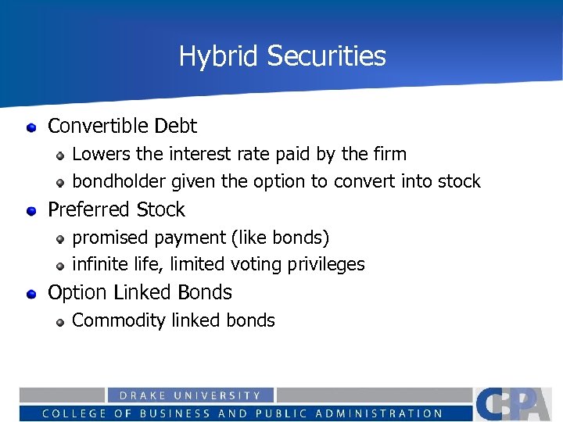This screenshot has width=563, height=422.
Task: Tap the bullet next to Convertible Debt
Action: point(31,127)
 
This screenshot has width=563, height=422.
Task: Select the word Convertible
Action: point(99,126)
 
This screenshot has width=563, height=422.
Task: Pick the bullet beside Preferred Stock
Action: point(31,210)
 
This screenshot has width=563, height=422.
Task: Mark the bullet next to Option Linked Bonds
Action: point(31,294)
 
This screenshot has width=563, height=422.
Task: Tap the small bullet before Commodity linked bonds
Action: point(60,321)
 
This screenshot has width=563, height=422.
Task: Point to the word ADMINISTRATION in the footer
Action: point(377,413)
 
